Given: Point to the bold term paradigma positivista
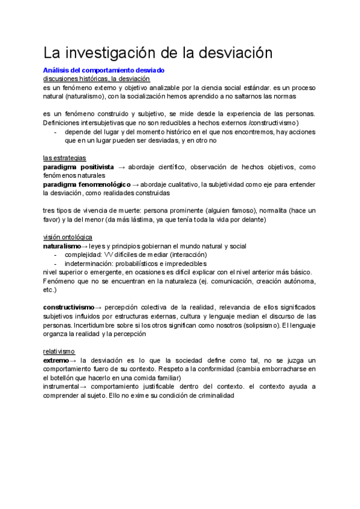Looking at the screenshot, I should (x=79, y=167).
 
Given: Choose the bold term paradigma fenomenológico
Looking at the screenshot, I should (x=86, y=184).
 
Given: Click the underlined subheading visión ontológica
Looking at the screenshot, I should (x=68, y=237).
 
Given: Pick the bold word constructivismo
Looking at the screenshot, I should (x=68, y=307).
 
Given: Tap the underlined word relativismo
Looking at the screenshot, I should (x=59, y=351).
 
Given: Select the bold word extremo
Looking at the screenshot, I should (x=56, y=360).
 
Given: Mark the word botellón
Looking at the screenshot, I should (x=66, y=378).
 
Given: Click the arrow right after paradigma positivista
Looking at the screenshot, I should (x=122, y=167).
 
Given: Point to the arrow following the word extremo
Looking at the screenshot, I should (x=73, y=360).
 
